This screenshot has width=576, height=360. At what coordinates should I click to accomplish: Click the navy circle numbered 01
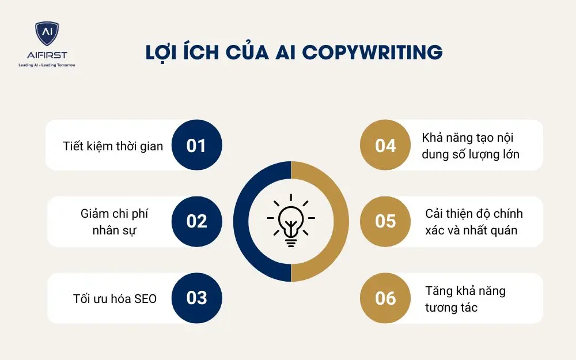click(x=196, y=145)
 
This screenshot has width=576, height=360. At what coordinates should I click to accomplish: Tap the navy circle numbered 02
click(x=196, y=221)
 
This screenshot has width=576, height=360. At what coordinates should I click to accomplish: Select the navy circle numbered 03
click(x=196, y=297)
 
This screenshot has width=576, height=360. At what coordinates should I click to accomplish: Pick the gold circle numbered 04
click(x=385, y=145)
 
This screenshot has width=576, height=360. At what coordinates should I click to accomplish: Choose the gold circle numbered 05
click(x=385, y=221)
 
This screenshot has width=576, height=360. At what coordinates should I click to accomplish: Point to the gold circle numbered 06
click(x=385, y=298)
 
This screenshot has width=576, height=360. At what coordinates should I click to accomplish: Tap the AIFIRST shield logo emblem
click(x=47, y=35)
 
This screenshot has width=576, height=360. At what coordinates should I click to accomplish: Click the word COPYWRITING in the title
click(x=372, y=52)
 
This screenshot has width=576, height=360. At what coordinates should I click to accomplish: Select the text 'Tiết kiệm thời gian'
click(x=113, y=146)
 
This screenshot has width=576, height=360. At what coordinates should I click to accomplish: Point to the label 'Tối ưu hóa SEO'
click(x=115, y=298)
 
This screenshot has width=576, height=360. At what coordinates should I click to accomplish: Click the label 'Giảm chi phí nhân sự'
click(x=114, y=222)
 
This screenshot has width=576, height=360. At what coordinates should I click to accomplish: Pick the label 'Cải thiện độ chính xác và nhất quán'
click(x=473, y=222)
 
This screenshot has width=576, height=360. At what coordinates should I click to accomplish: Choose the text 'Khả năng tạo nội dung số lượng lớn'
click(x=471, y=146)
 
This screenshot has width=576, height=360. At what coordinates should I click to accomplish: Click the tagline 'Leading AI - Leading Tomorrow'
click(x=47, y=65)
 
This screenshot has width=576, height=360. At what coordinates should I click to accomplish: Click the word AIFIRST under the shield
click(x=47, y=55)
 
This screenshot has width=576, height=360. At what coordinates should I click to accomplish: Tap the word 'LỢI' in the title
click(x=163, y=52)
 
